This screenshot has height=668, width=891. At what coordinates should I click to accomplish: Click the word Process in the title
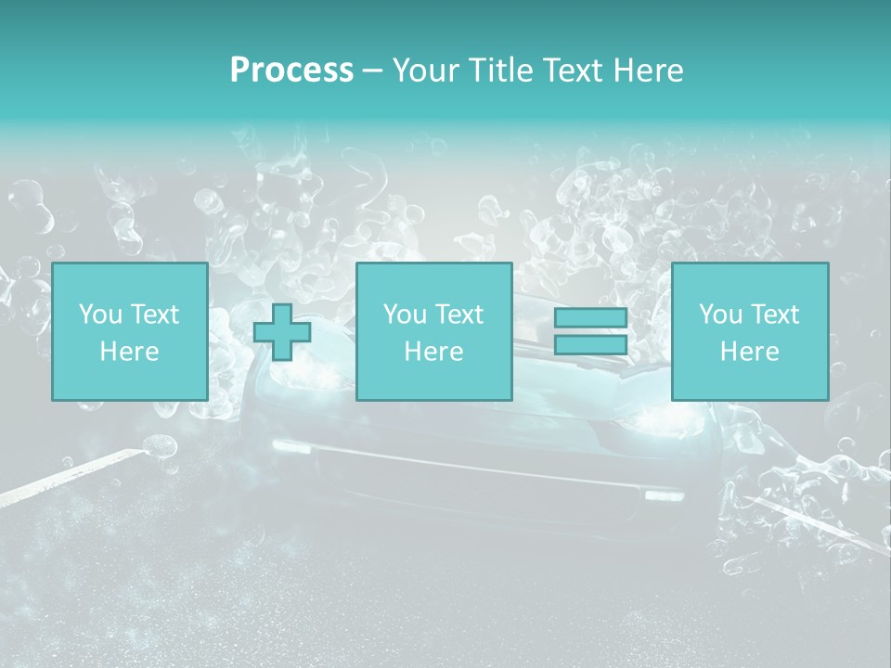pos(291,71)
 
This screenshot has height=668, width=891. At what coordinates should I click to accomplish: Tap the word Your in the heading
pos(423,71)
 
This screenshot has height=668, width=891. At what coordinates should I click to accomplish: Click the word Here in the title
pos(647,71)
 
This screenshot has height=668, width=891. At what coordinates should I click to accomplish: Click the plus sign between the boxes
pos(282,332)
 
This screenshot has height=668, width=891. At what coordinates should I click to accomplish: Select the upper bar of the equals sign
pos(590,317)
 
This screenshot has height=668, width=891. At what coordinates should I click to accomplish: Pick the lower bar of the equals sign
pos(590,344)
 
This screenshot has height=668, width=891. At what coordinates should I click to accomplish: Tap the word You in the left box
pos(100,315)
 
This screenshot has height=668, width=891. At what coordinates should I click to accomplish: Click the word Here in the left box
pos(129,352)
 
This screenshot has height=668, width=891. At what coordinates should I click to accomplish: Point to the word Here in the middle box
pos(433,352)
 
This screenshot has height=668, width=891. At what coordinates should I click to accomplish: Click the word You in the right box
pos(720,315)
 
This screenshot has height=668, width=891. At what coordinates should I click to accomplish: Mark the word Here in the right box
pos(749,352)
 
